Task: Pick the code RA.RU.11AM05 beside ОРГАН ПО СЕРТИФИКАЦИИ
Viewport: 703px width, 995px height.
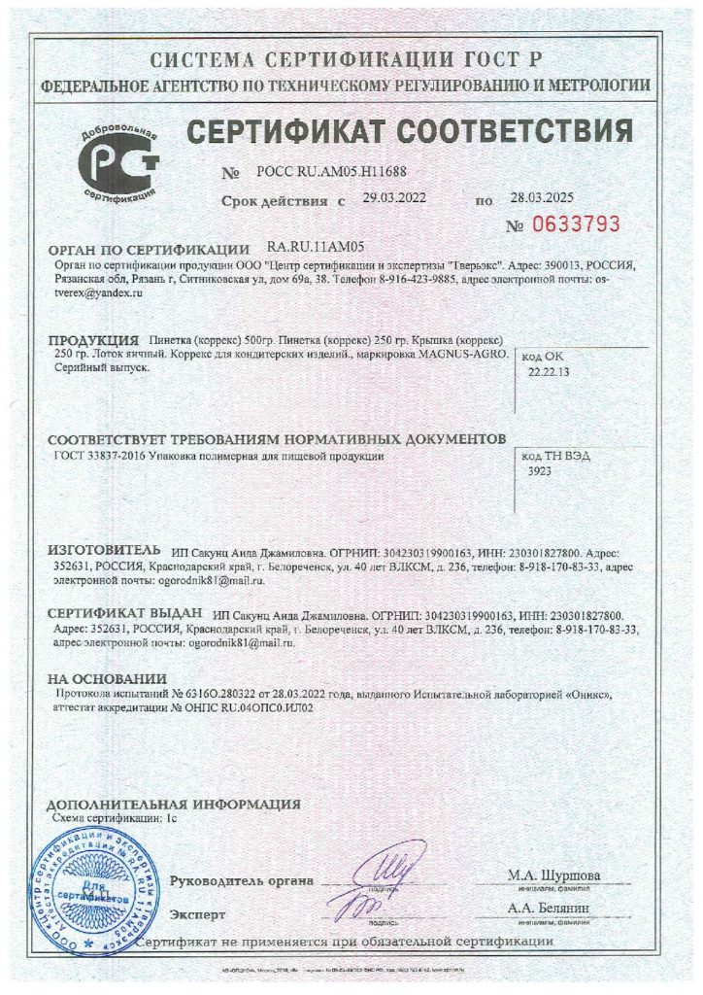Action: click(314, 248)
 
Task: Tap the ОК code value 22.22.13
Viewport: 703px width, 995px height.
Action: click(549, 371)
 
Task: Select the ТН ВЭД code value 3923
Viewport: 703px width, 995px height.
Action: click(539, 468)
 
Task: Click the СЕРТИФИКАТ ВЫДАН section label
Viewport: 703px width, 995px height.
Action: click(125, 614)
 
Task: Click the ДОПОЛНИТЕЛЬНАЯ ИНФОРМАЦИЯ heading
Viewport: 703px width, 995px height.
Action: click(174, 805)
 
